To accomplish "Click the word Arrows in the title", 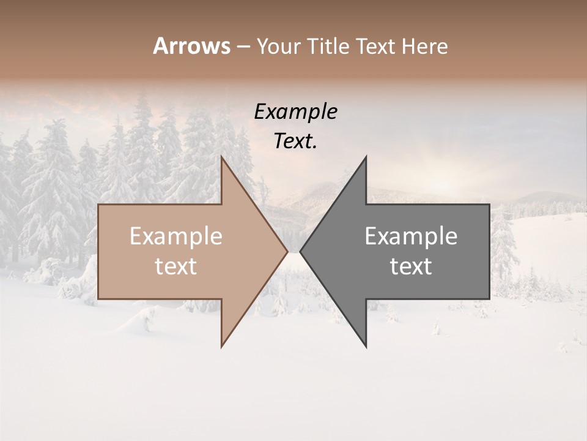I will [192, 46].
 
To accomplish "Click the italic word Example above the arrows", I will [296, 112].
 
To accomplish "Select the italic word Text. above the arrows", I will [296, 141].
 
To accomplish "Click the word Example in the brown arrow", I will [176, 236].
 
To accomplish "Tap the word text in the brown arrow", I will [176, 266].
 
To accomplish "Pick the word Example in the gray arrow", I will [411, 236].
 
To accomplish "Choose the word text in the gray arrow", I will [411, 266].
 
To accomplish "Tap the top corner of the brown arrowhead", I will [222, 157].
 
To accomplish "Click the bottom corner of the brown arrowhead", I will [222, 346].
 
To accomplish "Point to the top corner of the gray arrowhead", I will [366, 157].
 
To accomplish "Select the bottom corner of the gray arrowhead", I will [366, 346].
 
